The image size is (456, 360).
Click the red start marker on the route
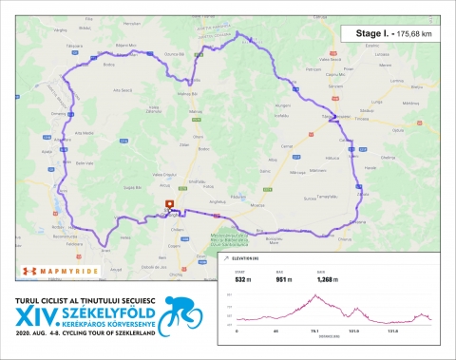click(x=170, y=204)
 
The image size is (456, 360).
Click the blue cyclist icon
click(x=184, y=312)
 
